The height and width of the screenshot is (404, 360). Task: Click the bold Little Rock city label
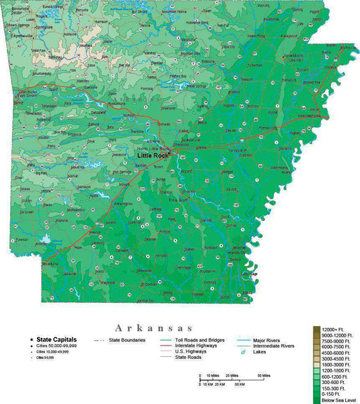pyautogui.click(x=153, y=155)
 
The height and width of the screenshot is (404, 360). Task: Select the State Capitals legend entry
pyautogui.click(x=57, y=340)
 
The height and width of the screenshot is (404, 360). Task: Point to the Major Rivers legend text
pyautogui.click(x=266, y=340)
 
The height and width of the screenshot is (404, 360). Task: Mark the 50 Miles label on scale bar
pyautogui.click(x=262, y=375)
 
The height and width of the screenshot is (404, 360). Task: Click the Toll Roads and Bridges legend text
pyautogui.click(x=200, y=340)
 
